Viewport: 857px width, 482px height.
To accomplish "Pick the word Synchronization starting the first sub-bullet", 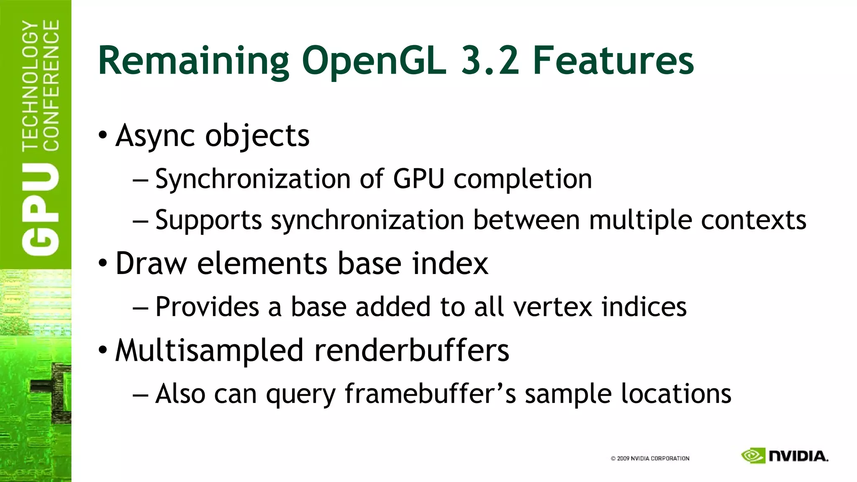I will pyautogui.click(x=253, y=179).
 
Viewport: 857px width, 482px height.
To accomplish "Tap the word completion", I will pyautogui.click(x=523, y=179).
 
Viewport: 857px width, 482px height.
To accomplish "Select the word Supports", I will pyautogui.click(x=208, y=220).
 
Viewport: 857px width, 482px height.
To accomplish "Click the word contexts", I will pyautogui.click(x=754, y=220).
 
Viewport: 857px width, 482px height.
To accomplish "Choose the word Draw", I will pyautogui.click(x=151, y=264).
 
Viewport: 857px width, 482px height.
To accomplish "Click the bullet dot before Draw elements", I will pyautogui.click(x=103, y=263).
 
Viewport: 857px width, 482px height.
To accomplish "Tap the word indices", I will pyautogui.click(x=644, y=307).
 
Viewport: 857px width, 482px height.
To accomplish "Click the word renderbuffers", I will pyautogui.click(x=412, y=351).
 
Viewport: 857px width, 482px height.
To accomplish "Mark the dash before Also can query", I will pyautogui.click(x=140, y=394).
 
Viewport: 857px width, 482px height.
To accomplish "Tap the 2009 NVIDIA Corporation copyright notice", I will pyautogui.click(x=650, y=459).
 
